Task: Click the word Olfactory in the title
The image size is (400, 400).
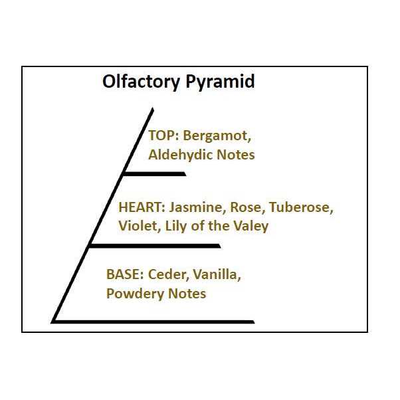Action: tap(141, 82)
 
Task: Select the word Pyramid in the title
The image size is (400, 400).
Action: tap(220, 82)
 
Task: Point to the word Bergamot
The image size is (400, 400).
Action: tap(217, 136)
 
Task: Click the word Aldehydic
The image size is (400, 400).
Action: tap(180, 155)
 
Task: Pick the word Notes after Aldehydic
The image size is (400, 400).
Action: tap(236, 155)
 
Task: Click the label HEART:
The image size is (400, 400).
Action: tap(142, 207)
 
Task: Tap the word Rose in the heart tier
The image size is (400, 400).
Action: tap(246, 207)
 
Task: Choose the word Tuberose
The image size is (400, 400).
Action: tap(301, 207)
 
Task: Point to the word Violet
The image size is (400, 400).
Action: tap(140, 226)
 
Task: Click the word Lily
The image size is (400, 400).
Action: tap(176, 227)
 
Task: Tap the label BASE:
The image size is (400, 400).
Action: tap(125, 274)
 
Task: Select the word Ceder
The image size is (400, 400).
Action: tap(168, 274)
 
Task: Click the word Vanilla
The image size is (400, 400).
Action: tap(217, 274)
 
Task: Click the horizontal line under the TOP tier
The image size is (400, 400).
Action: tap(155, 174)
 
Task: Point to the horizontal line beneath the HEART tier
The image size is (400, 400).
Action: tap(155, 246)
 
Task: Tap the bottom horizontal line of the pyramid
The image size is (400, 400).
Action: tap(153, 322)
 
